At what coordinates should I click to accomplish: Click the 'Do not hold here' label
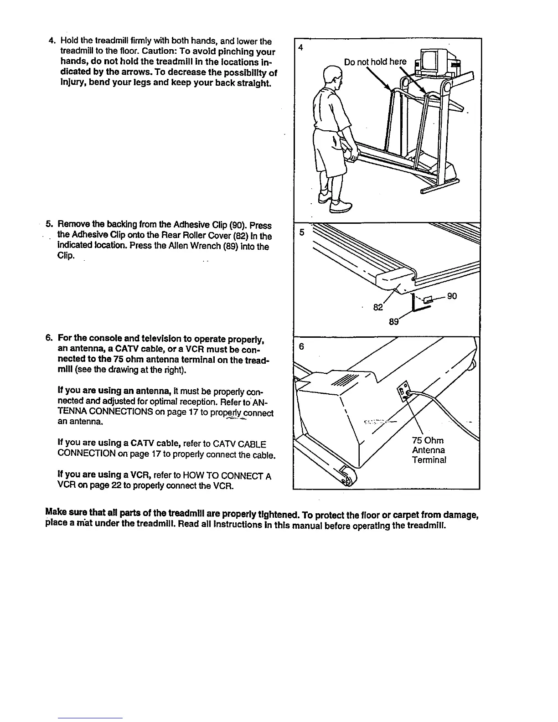pyautogui.click(x=375, y=62)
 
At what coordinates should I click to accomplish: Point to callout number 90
pyautogui.click(x=452, y=297)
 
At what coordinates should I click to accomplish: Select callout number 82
pyautogui.click(x=377, y=307)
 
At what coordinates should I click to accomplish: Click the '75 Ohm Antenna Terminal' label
pyautogui.click(x=429, y=450)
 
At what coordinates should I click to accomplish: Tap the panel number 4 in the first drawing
pyautogui.click(x=300, y=48)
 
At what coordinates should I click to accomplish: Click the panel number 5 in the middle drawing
pyautogui.click(x=301, y=232)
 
